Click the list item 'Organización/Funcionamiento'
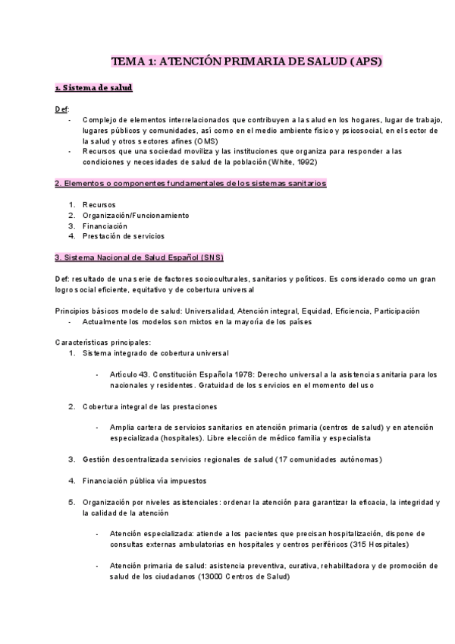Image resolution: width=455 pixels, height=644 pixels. click(136, 216)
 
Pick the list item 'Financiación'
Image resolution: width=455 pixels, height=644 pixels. click(105, 226)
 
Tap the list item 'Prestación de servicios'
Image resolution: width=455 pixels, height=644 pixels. click(123, 236)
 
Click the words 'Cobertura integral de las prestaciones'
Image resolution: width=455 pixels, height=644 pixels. click(149, 406)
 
